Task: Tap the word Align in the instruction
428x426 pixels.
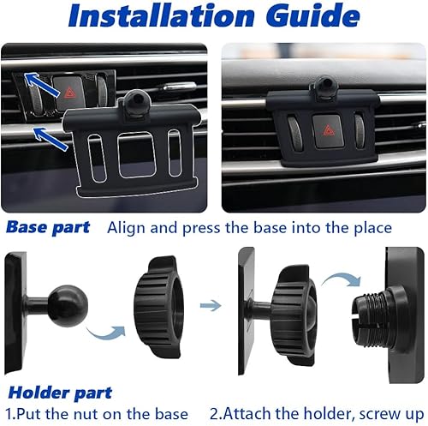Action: click(x=128, y=229)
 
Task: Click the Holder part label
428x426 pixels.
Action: click(x=60, y=393)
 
